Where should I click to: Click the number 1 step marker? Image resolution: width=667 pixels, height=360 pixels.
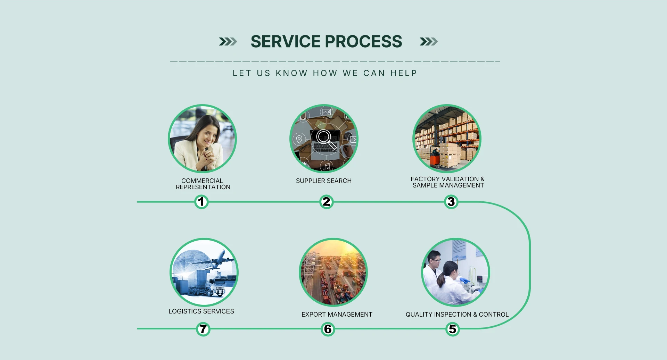[x=201, y=202]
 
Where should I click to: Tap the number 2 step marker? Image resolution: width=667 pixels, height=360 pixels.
[x=326, y=202]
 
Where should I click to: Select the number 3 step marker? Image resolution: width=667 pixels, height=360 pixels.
[x=451, y=202]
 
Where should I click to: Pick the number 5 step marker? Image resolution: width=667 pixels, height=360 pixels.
[x=452, y=329]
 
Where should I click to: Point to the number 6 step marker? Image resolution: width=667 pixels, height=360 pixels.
[x=328, y=329]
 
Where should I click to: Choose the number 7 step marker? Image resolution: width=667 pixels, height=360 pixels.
[x=203, y=329]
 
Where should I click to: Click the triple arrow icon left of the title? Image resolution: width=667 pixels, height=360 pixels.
[x=228, y=42]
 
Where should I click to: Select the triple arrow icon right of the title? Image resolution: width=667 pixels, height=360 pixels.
[x=429, y=42]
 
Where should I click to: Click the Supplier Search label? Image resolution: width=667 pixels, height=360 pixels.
[x=324, y=181]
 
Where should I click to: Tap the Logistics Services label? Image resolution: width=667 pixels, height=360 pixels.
[x=201, y=311]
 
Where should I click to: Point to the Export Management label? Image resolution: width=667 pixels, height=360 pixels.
[x=337, y=315]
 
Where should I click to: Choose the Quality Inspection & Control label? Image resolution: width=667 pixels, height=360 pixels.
[x=457, y=315]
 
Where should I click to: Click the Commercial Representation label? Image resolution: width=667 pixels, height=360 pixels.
[x=203, y=184]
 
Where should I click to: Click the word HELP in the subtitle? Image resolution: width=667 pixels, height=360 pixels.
[x=403, y=73]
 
